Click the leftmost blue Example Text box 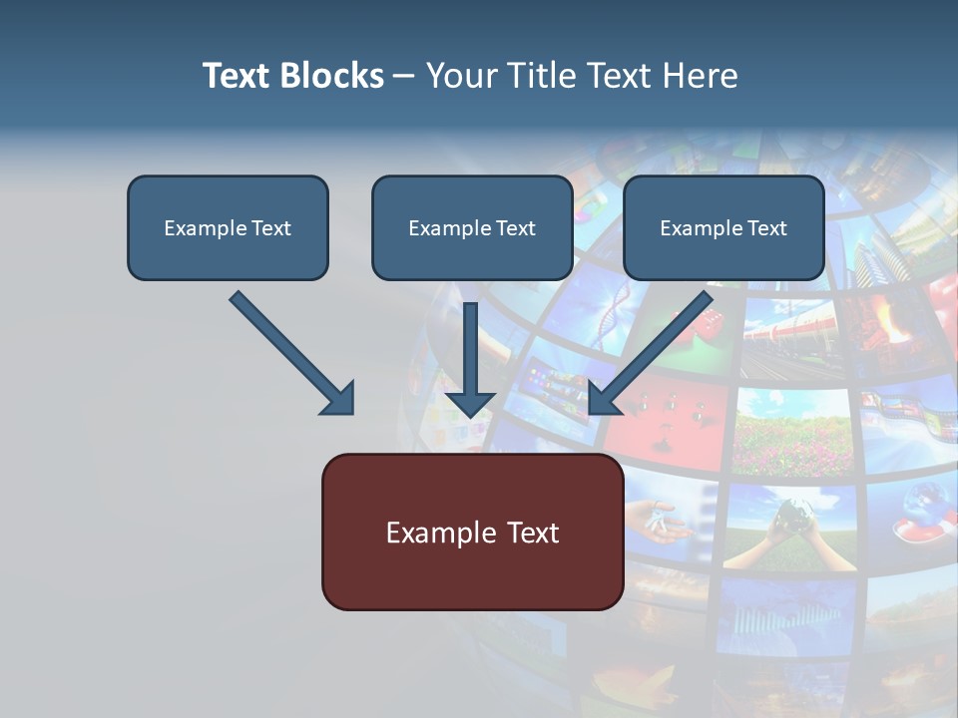coord(228,228)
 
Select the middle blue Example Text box coord(472,228)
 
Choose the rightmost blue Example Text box coord(723,228)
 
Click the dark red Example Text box coord(472,533)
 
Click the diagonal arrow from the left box coord(289,350)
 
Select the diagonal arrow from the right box coord(653,350)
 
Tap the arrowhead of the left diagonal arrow coord(339,399)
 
